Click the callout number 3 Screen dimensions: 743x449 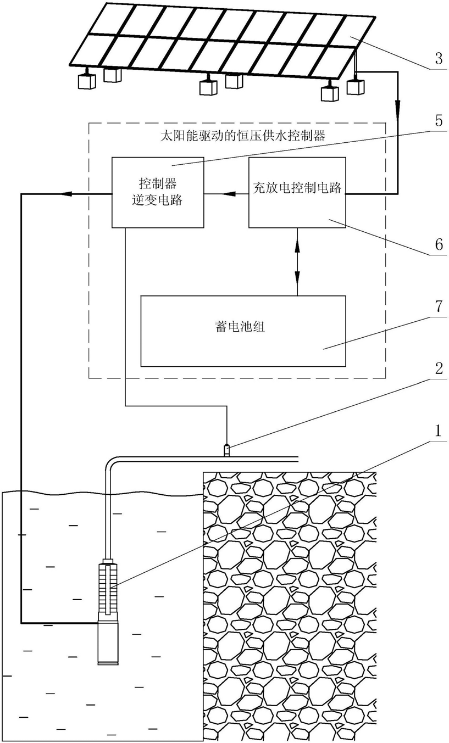click(x=437, y=59)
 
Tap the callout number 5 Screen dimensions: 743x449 click(x=437, y=120)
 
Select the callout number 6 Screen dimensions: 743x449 click(x=438, y=244)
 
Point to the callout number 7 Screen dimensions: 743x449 click(x=437, y=306)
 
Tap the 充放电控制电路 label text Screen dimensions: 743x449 click(x=297, y=187)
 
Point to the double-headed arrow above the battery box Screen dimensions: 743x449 click(x=297, y=261)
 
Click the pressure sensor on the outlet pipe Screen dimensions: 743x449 click(x=226, y=450)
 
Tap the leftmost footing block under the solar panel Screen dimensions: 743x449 click(x=87, y=81)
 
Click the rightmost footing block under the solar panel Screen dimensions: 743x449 click(x=356, y=86)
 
